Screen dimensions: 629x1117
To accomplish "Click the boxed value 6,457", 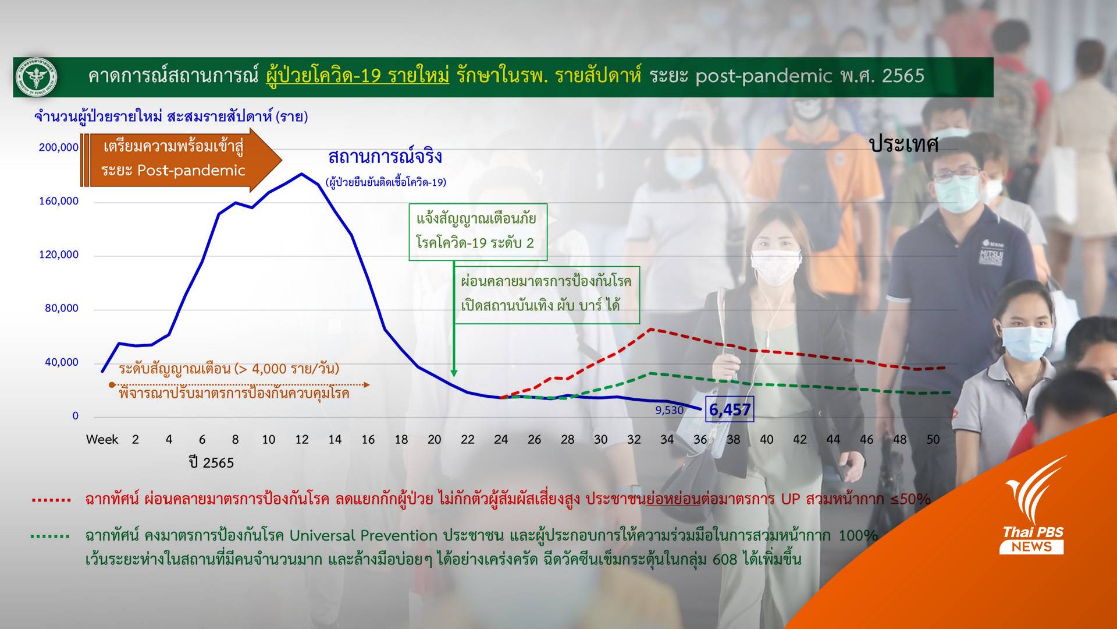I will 730,409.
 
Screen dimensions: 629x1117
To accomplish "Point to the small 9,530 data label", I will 669,410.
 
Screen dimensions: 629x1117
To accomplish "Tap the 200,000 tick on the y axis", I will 59,147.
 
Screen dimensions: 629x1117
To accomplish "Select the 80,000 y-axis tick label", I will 62,308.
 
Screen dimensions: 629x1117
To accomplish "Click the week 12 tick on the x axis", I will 301,440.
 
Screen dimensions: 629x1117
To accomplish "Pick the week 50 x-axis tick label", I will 933,440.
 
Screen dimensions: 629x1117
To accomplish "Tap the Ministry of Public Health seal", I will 36,77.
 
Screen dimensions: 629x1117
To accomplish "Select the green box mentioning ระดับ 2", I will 477,231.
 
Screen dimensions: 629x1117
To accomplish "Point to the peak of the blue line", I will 301,174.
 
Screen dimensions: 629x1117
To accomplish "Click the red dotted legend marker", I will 51,500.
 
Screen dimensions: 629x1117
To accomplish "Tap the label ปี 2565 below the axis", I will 211,463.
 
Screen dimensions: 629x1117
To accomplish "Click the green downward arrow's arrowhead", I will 454,373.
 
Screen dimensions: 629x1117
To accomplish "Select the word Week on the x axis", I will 102,440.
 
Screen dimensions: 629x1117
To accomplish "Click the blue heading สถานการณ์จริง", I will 385,157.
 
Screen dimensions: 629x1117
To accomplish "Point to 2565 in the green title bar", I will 903,76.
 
